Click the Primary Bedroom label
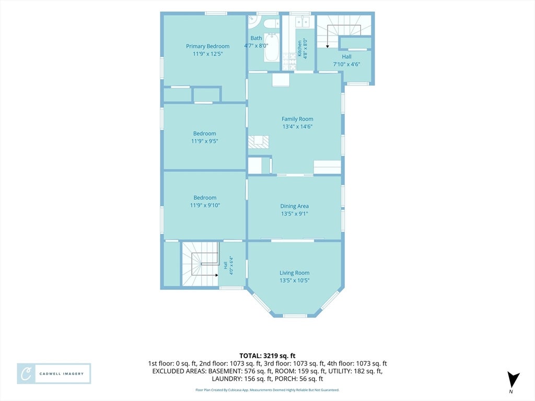(207, 46)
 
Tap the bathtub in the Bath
(272, 48)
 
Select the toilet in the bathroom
(272, 23)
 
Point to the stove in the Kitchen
(288, 62)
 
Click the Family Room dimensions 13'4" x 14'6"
(297, 126)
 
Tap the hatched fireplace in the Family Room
(258, 142)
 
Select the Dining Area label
(295, 206)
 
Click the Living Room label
(295, 273)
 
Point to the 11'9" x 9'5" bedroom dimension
(204, 141)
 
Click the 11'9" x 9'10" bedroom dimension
(205, 205)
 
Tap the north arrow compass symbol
(513, 380)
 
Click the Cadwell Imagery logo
(54, 373)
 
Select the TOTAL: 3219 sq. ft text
(267, 356)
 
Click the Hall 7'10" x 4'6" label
(347, 61)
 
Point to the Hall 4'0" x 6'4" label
(228, 265)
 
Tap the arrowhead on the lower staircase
(217, 275)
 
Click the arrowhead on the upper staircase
(327, 46)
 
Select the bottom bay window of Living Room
(295, 316)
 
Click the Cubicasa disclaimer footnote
(267, 390)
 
